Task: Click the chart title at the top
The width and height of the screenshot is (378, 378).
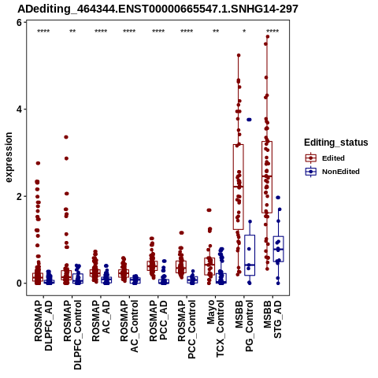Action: (157, 9)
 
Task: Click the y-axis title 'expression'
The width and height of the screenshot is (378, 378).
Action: (9, 157)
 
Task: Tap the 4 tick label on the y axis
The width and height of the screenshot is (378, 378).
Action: (19, 109)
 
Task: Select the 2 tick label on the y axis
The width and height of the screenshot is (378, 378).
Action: (19, 196)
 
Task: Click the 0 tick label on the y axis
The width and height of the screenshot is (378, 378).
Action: (19, 283)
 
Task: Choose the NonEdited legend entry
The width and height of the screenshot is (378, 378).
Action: (332, 172)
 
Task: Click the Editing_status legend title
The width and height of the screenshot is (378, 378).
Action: (336, 143)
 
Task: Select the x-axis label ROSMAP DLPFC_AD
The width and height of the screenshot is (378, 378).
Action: (43, 325)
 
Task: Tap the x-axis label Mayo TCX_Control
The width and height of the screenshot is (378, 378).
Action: (216, 329)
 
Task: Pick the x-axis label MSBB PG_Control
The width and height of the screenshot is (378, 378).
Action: (244, 326)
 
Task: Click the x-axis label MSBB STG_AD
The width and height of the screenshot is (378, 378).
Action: (272, 320)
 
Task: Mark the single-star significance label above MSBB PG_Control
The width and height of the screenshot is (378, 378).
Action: (244, 31)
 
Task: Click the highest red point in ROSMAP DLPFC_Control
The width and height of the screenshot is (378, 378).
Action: (66, 137)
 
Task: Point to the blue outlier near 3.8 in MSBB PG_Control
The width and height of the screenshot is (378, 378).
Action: (249, 120)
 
